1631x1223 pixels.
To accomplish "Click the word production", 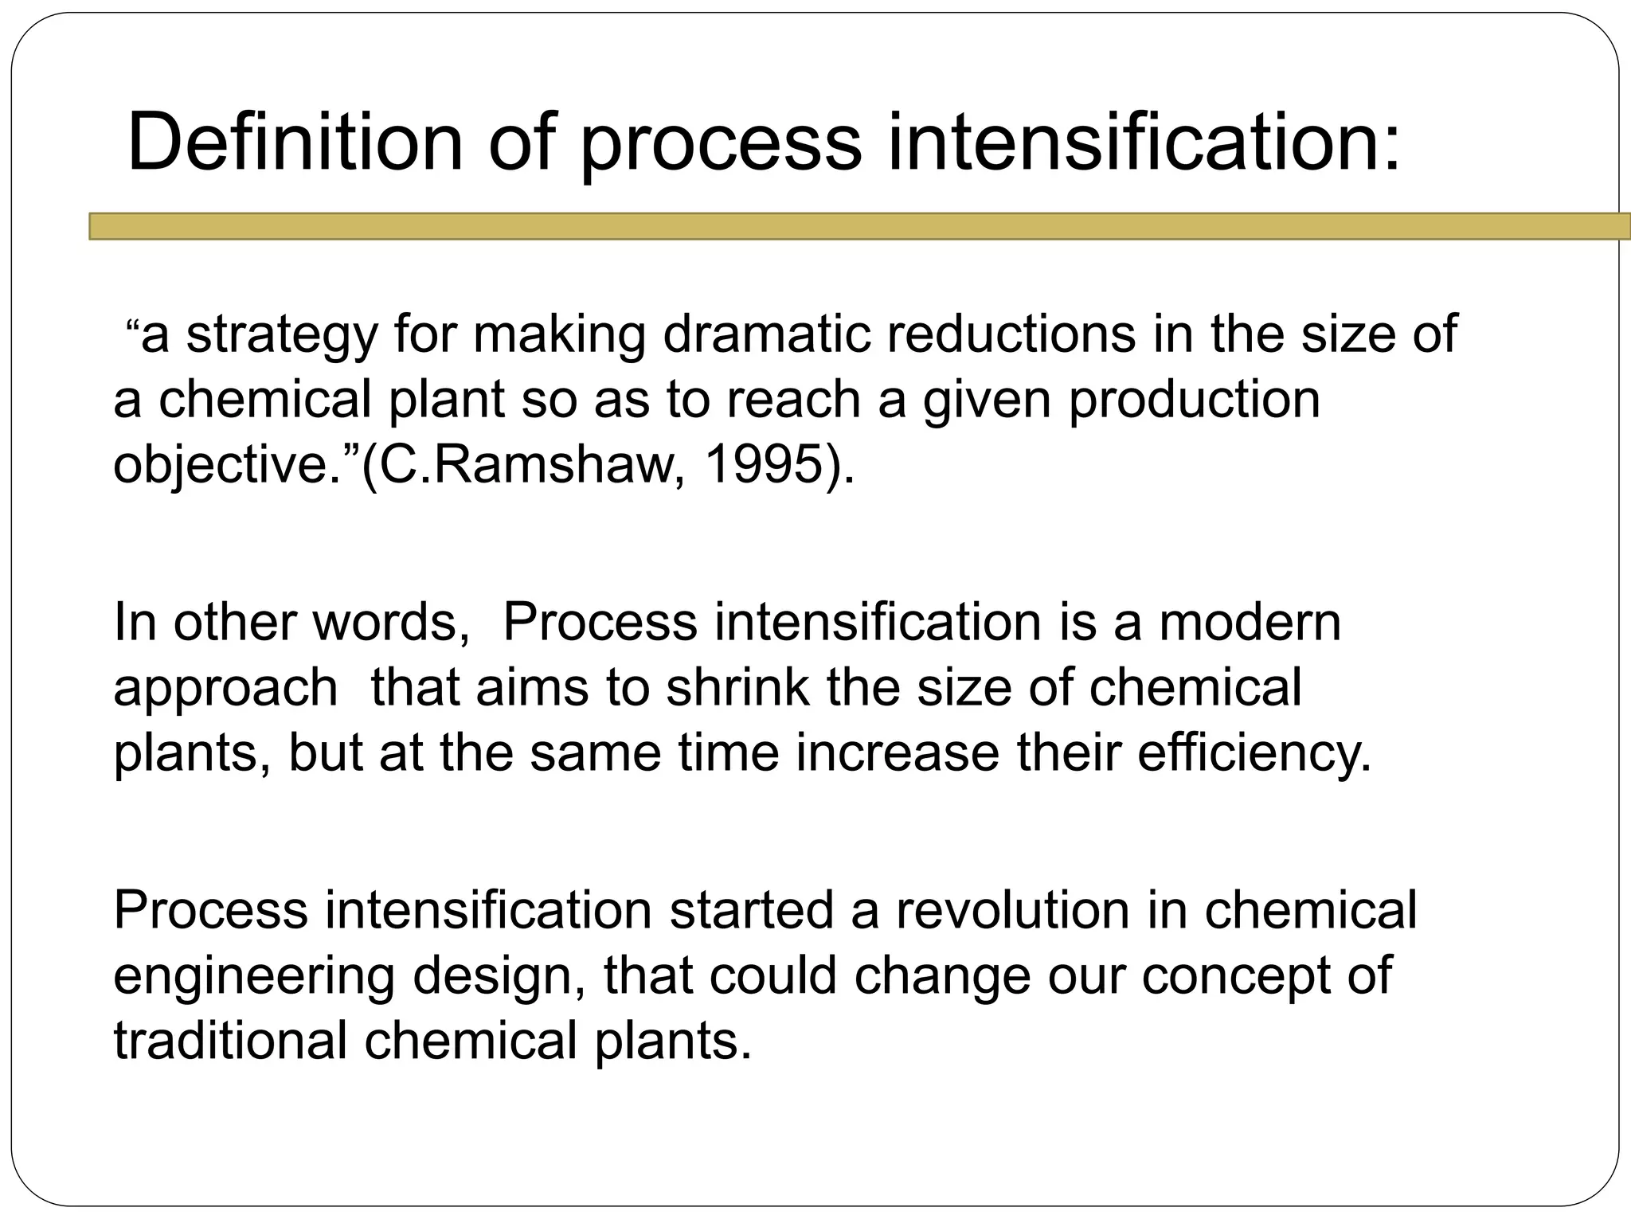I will [x=1194, y=400].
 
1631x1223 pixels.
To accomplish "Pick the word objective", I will [x=227, y=465].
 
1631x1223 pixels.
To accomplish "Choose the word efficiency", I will [x=1254, y=753].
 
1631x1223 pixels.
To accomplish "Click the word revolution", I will [x=1012, y=910].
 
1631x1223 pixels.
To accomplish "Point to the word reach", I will [x=793, y=400].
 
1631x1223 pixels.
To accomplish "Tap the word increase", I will [x=897, y=753].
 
